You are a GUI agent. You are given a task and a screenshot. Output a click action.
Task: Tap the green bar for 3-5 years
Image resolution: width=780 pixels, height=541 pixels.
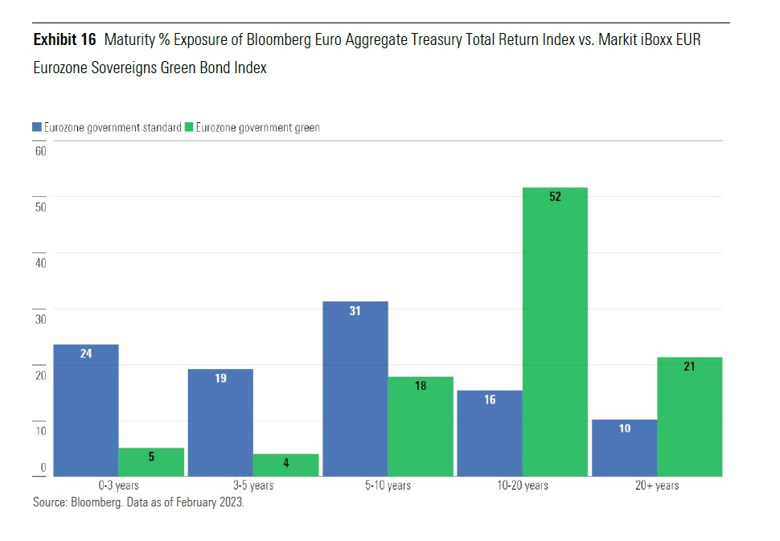coord(286,465)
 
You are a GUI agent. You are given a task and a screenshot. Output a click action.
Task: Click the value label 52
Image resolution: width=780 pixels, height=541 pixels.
coord(555,197)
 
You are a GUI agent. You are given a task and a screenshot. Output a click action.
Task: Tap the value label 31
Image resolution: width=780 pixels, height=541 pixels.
coord(355,310)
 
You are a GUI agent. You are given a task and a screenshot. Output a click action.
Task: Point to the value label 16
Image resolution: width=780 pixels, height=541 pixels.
coord(490,400)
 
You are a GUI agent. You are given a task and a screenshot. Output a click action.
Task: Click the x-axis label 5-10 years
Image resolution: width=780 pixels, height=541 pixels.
coord(388,486)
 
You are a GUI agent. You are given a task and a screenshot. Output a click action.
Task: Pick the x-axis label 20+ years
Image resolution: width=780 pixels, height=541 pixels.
coord(658,486)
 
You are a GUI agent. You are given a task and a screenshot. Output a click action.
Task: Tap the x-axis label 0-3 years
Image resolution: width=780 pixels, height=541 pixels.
coord(118,486)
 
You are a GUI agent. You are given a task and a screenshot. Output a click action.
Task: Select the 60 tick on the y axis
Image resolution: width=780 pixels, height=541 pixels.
coord(40,151)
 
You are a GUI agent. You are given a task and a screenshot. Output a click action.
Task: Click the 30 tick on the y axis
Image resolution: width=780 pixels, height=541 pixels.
coord(40,319)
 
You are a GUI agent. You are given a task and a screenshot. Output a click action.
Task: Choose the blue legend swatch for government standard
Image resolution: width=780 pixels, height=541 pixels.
coord(37,127)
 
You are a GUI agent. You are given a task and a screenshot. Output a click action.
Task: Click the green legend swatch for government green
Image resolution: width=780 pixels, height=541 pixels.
coord(190,127)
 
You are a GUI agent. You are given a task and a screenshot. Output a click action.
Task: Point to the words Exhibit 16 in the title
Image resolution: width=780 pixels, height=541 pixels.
coord(64,39)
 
